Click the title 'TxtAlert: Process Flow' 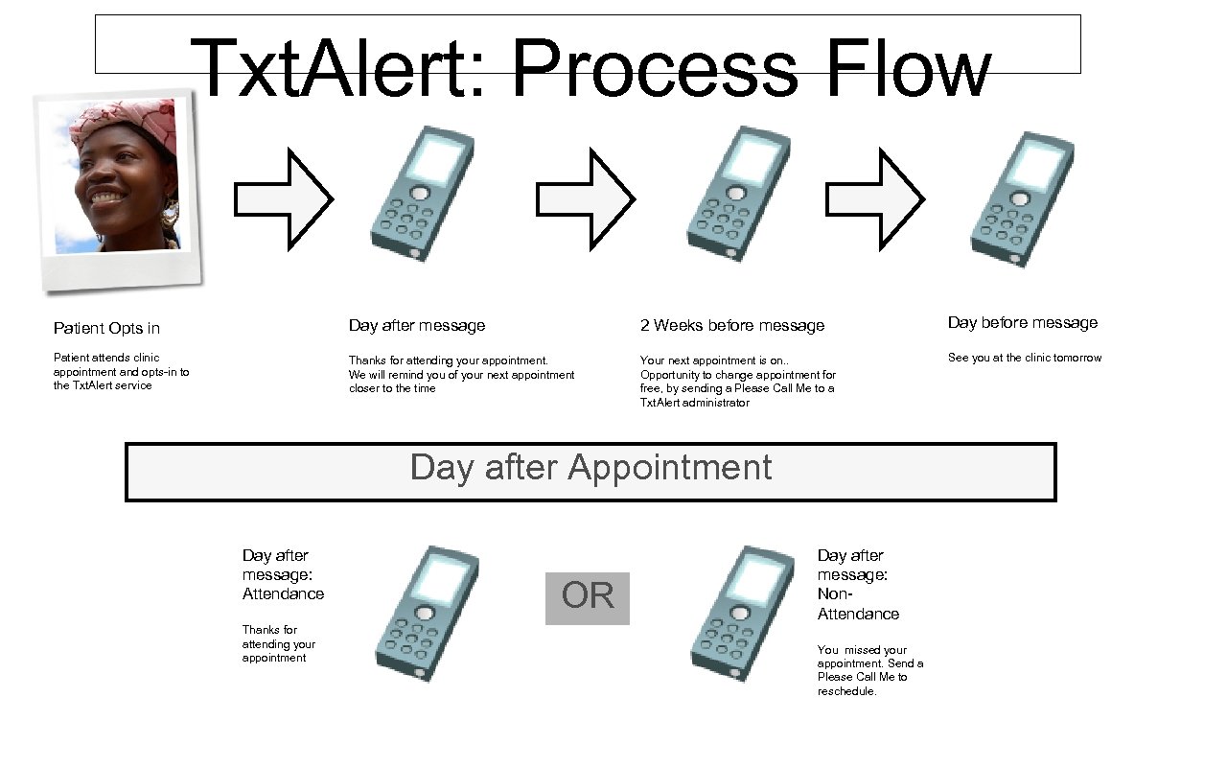pos(589,68)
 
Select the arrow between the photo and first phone pos(284,199)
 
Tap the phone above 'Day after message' pos(423,195)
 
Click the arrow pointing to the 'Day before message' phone pos(874,199)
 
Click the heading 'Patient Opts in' pos(106,328)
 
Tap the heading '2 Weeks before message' pos(731,326)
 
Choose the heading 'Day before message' pos(1022,323)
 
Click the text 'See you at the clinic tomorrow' pos(1024,358)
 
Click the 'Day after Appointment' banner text pos(590,468)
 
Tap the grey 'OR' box pos(588,597)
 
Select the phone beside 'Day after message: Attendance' pos(426,614)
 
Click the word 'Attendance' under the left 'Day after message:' pos(283,593)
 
